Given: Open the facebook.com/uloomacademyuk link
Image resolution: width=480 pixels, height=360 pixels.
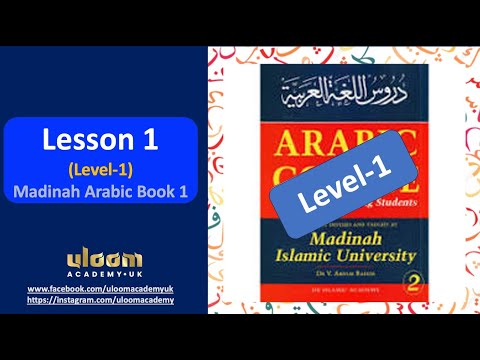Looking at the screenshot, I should (100, 288).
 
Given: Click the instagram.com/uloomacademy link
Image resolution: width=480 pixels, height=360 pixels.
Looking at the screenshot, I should (100, 299).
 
